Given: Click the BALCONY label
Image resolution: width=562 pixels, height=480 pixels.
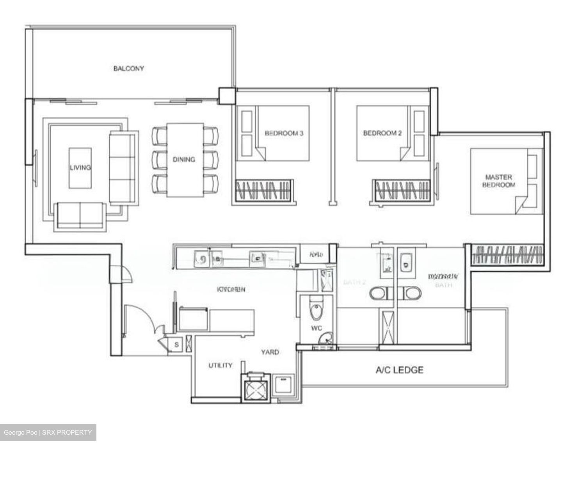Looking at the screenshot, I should tap(128, 68).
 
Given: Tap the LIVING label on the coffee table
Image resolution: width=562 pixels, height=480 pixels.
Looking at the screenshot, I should tap(80, 167).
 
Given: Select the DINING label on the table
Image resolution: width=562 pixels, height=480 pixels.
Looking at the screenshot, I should tap(184, 159).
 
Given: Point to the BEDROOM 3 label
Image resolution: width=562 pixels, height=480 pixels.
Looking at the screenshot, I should tap(284, 133).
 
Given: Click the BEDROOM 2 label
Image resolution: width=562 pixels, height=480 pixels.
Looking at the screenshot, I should tap(382, 133).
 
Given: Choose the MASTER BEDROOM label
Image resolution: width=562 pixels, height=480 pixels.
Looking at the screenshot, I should tap(498, 181).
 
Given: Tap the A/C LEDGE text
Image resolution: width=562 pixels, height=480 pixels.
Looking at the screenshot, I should tap(399, 370).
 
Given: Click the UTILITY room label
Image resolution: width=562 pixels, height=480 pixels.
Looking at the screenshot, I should tap(220, 365).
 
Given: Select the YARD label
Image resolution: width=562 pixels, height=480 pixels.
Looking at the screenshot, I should tap(270, 352).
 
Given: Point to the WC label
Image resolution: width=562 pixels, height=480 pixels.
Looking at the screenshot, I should tap(317, 328).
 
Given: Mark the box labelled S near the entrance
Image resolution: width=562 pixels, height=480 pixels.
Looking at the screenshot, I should tap(176, 345).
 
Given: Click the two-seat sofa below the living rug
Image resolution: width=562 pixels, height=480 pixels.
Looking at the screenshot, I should tap(80, 215).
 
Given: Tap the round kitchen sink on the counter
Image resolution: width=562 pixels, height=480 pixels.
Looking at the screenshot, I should tap(202, 258).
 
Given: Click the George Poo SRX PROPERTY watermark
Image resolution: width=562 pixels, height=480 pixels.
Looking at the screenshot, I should tap(48, 432).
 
